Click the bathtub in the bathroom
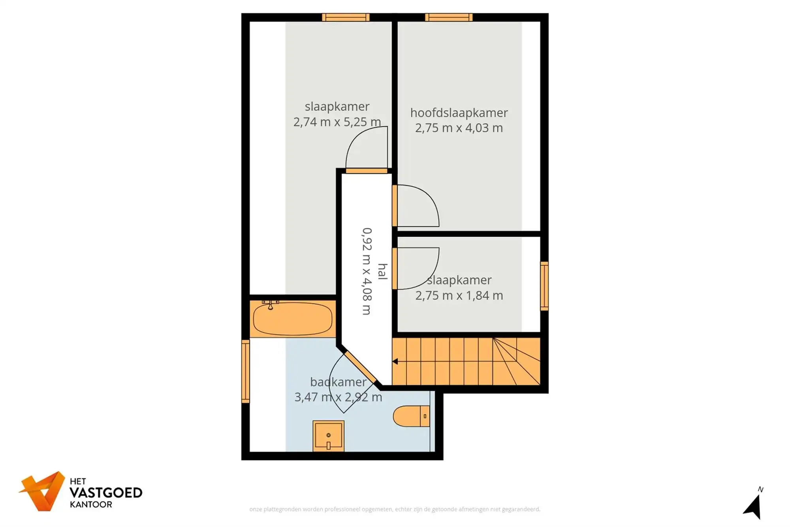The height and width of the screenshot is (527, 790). (x=292, y=319)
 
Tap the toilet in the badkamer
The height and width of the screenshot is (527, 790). (x=411, y=416)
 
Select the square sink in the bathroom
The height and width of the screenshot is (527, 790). (x=328, y=436)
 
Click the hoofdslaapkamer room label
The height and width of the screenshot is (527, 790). (x=459, y=113)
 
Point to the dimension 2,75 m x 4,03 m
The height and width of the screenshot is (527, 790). (x=459, y=128)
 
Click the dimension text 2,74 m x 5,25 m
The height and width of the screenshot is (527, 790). (x=337, y=122)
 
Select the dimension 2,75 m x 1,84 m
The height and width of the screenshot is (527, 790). (x=459, y=295)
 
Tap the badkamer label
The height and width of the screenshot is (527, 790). (x=338, y=382)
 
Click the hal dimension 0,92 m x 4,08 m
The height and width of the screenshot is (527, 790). (x=367, y=271)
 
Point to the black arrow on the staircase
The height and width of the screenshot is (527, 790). (x=395, y=361)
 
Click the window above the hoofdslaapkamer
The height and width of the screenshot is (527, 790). (x=449, y=17)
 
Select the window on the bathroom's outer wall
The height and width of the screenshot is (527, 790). (x=245, y=371)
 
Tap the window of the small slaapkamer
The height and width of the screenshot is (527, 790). (x=544, y=286)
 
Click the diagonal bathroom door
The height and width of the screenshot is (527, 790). (x=359, y=366)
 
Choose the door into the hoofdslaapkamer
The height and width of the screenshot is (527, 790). (x=395, y=206)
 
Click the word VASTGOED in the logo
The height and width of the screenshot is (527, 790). (x=106, y=493)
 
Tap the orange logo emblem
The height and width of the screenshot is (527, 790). (x=43, y=491)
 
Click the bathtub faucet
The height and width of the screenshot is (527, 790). (x=270, y=305)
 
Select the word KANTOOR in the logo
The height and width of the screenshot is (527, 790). (x=91, y=504)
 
